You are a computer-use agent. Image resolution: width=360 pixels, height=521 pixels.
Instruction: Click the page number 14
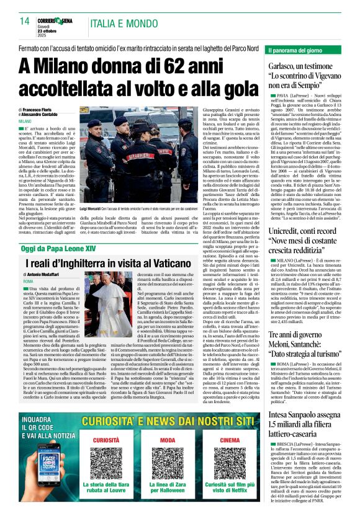pos(25,21)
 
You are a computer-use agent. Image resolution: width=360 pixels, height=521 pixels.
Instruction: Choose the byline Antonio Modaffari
pos(49,275)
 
